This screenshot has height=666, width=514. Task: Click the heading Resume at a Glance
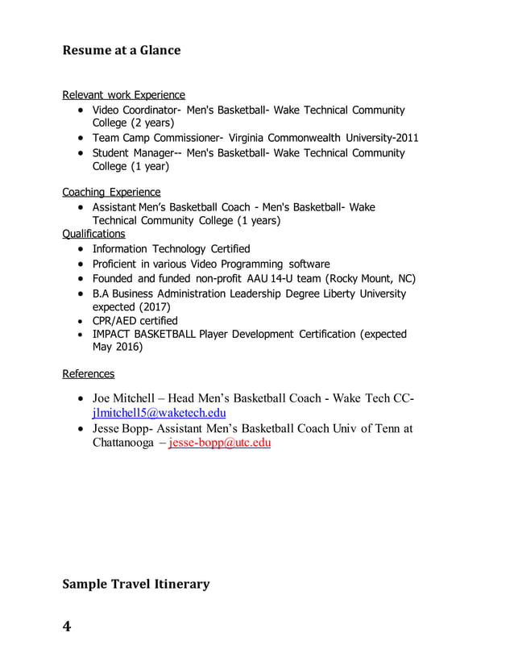[122, 50]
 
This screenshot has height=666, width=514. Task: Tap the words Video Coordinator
[134, 110]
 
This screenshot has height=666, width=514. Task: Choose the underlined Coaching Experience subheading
[111, 192]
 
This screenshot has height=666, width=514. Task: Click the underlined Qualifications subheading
[93, 234]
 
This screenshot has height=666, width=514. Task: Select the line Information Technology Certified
[171, 248]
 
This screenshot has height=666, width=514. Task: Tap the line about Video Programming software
[211, 264]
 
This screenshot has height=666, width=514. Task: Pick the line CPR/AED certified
[135, 321]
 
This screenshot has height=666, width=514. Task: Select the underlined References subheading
[88, 373]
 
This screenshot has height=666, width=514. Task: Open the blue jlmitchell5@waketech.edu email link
[160, 413]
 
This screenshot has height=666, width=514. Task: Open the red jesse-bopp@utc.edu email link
[220, 443]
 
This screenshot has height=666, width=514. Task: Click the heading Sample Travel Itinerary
[136, 584]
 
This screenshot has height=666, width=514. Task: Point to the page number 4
[67, 626]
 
